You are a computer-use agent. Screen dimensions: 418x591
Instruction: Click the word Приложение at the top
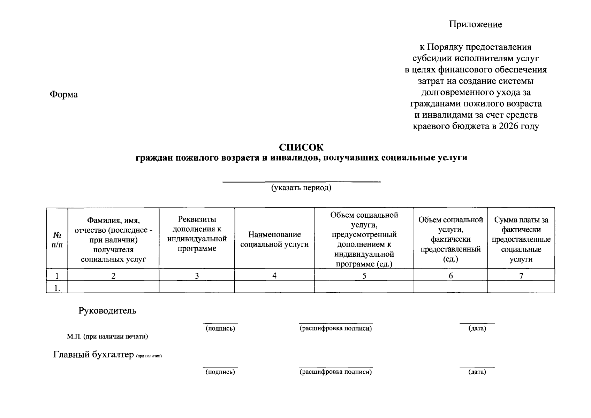(476, 24)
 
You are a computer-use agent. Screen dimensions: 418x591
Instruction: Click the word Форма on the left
(64, 94)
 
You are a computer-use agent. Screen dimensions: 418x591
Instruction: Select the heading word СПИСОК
(301, 148)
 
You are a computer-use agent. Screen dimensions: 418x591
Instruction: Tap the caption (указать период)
(301, 188)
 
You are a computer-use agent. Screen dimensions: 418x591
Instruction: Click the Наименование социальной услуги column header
(274, 240)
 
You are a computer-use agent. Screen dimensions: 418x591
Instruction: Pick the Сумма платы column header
(521, 240)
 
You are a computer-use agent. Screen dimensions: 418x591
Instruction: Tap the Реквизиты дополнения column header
(197, 234)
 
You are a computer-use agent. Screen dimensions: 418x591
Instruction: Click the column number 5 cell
(364, 276)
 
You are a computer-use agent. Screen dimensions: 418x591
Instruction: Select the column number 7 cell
(521, 276)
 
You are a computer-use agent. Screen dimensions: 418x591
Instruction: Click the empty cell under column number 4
(274, 287)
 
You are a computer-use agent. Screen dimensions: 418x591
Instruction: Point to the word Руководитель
(107, 311)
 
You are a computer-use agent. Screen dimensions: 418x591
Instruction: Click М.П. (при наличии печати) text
(107, 336)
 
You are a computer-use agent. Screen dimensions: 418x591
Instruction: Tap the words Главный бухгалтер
(93, 355)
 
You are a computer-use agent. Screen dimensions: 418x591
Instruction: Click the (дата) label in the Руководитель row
(477, 328)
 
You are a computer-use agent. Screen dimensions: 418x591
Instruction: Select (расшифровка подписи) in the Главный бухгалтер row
(336, 372)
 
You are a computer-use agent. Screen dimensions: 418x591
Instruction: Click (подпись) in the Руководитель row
(220, 328)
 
